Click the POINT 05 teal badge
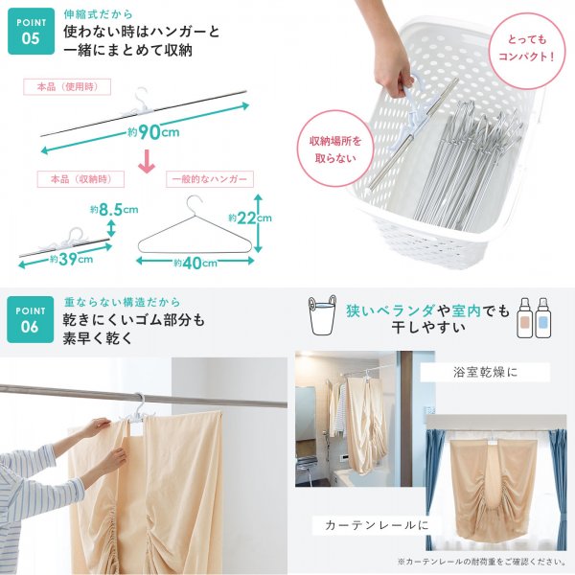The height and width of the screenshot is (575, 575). [32, 32]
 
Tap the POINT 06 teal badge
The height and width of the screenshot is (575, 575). [30, 319]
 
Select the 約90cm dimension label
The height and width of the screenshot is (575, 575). [153, 132]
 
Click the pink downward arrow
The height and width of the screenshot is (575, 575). [147, 161]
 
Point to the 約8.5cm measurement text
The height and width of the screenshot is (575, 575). [114, 210]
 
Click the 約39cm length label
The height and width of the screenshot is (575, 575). [72, 260]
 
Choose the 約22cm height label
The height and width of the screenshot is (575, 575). [250, 218]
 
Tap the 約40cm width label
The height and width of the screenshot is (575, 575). [195, 263]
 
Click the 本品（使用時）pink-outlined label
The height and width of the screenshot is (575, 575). [67, 87]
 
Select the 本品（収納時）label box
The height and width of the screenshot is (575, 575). [80, 179]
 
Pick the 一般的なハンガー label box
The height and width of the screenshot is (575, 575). [210, 179]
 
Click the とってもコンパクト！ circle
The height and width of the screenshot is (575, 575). [526, 48]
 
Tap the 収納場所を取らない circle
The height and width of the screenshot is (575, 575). [335, 149]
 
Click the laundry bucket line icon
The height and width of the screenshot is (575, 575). [322, 314]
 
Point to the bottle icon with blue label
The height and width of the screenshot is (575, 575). [542, 317]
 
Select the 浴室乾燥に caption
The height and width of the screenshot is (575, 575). [485, 372]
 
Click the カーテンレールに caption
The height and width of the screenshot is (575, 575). [377, 525]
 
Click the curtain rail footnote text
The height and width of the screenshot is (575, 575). [481, 562]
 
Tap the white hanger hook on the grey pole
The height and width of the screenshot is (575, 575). [139, 402]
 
